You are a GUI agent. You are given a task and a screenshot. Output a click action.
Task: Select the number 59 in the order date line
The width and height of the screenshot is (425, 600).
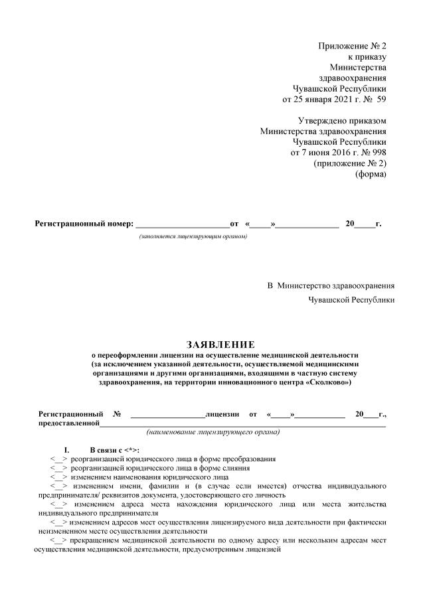pos(381,100)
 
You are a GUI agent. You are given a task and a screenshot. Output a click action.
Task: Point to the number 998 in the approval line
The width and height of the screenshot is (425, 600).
pos(377,152)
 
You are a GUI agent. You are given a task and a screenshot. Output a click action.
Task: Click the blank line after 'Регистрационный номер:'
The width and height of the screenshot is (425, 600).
pos(181,224)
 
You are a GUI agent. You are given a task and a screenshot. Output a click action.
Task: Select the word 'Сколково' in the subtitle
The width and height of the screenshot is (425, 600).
pos(328,383)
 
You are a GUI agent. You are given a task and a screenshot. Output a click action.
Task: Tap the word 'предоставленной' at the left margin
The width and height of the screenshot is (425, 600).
pos(69,423)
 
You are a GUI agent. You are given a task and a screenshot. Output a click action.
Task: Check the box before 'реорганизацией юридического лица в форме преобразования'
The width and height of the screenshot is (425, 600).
pos(59,459)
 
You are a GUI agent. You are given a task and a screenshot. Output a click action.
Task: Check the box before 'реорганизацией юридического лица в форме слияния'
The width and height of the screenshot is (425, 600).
pos(59,467)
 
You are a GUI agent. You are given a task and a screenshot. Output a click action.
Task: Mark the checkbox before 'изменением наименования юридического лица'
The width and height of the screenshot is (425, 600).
pos(59,477)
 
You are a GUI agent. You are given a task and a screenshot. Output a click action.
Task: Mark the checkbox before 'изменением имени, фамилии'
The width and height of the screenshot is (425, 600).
pos(59,485)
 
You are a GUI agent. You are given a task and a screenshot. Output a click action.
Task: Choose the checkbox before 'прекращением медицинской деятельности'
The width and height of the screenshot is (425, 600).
pos(59,540)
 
